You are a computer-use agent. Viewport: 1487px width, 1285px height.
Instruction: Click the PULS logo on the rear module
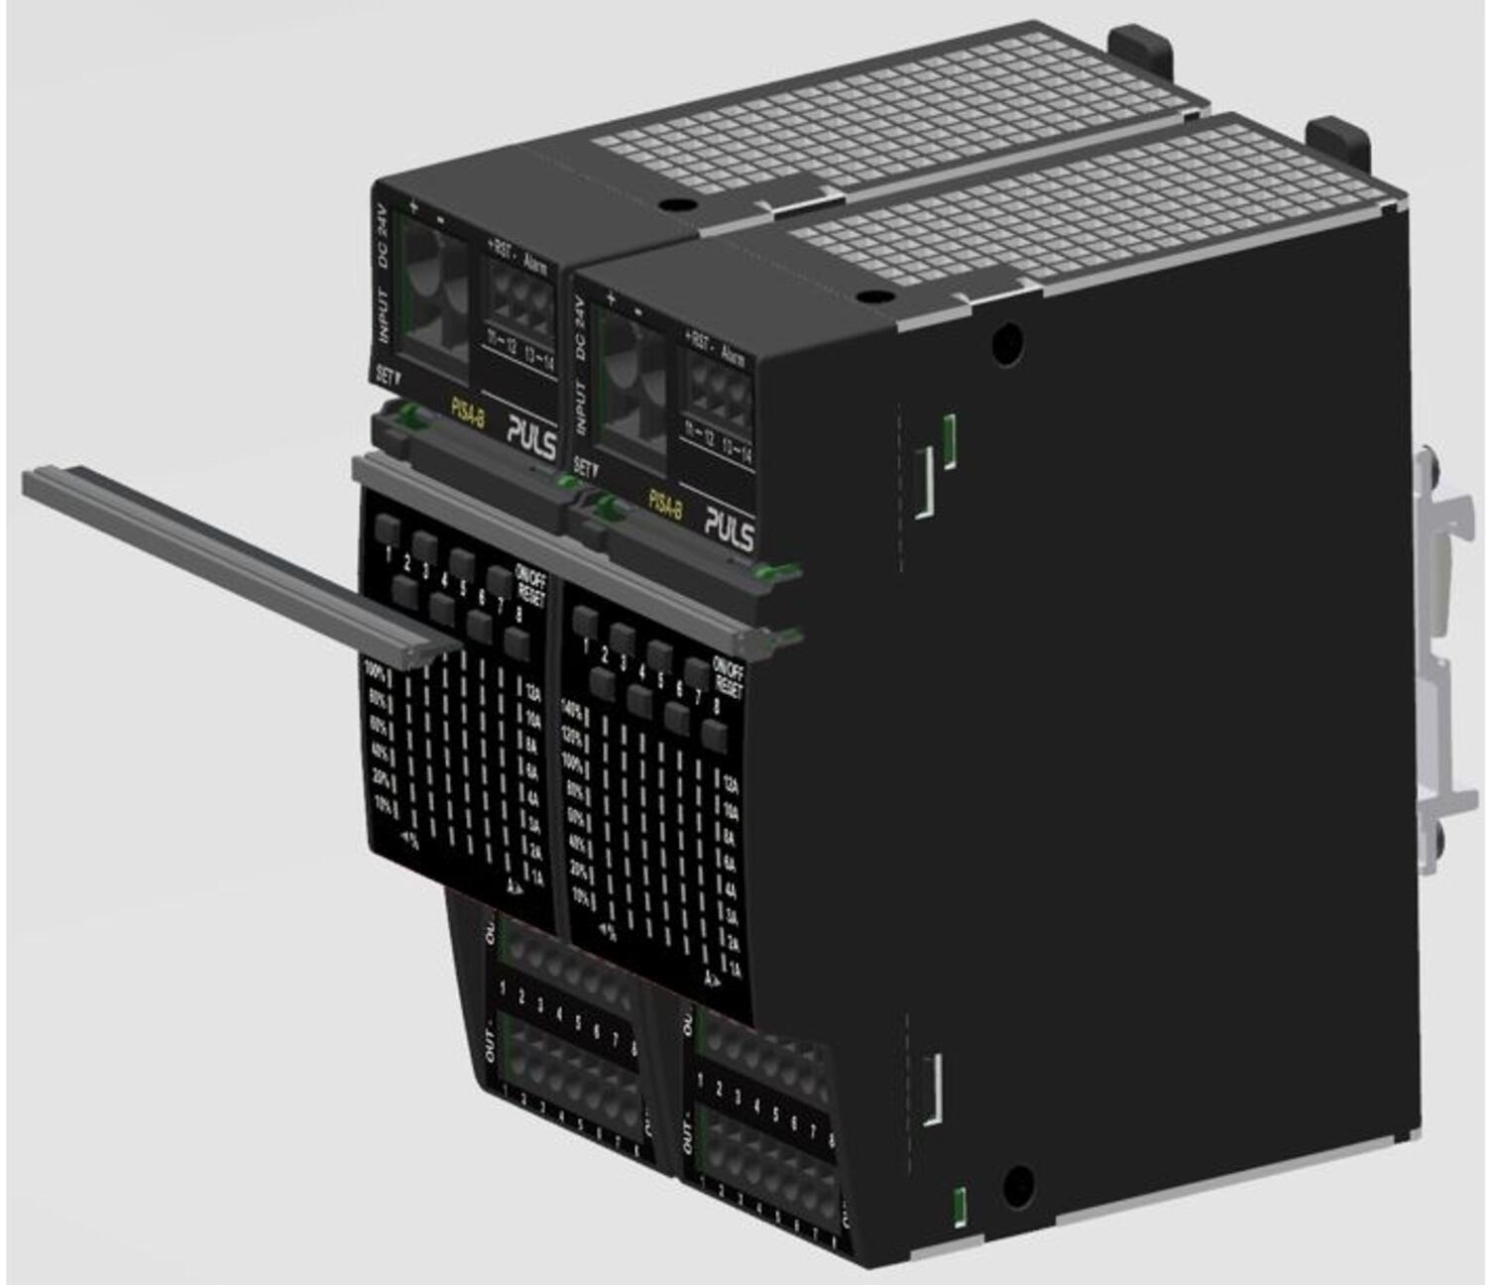coord(531,436)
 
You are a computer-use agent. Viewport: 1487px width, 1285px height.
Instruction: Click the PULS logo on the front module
coord(729,525)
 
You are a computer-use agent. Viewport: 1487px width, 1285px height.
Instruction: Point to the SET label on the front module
coord(585,466)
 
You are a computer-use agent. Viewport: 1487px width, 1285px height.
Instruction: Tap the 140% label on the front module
coord(572,710)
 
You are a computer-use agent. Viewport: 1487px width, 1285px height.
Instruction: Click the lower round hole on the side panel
coord(1017,1184)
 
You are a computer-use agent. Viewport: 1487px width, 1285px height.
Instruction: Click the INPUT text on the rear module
coord(384,316)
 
